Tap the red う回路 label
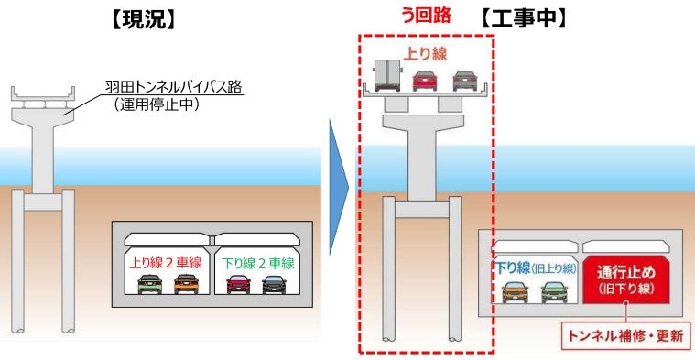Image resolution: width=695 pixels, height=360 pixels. point(427,16)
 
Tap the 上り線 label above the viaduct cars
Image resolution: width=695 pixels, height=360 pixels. point(426,52)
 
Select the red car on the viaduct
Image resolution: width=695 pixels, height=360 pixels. point(425,80)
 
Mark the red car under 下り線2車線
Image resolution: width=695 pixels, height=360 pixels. point(238,284)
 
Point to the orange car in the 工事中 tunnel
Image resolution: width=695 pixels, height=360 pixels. point(516,291)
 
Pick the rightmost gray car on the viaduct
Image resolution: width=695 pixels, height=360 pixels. point(463,80)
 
